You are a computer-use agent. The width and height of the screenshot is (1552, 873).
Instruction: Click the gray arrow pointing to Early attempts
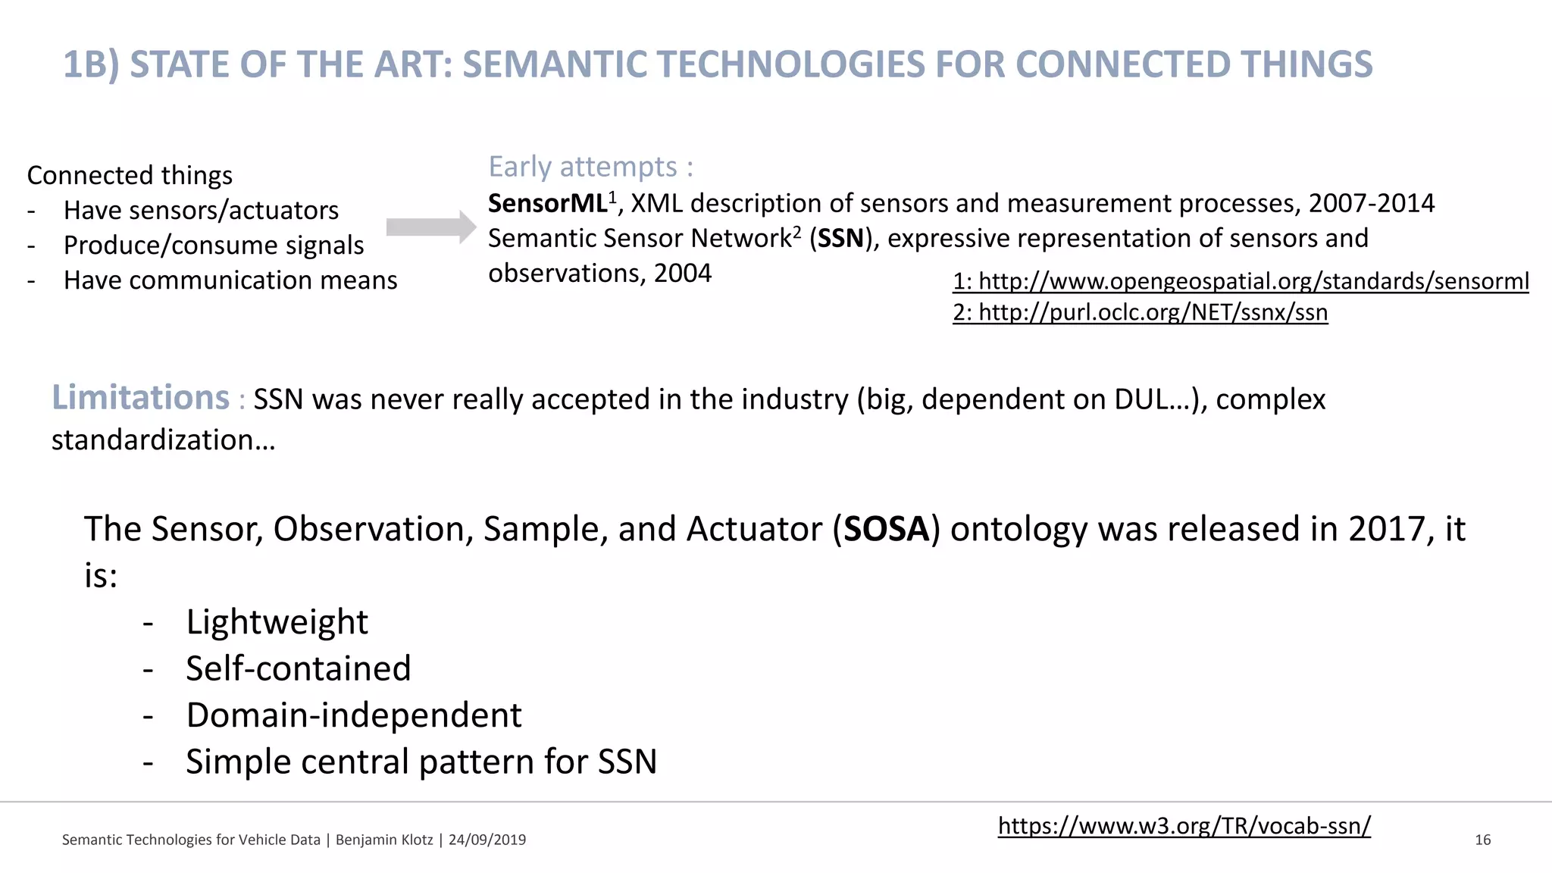[x=430, y=227]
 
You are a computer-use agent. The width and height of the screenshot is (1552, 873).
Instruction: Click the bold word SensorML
[x=547, y=204]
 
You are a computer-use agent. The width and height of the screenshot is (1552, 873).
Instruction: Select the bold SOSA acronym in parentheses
[x=886, y=529]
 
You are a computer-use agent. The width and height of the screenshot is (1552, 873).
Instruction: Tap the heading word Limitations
[x=140, y=398]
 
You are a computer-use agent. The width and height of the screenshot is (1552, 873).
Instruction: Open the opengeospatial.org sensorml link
[x=1241, y=281]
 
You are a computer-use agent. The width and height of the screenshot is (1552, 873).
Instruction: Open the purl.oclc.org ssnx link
[x=1140, y=312]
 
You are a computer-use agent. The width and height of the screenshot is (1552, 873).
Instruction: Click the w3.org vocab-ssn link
[x=1184, y=825]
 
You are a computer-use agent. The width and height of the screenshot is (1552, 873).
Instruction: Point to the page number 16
[x=1482, y=840]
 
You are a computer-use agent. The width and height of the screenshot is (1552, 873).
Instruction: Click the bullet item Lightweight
[x=277, y=622]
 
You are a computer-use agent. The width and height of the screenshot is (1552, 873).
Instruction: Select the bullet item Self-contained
[x=298, y=668]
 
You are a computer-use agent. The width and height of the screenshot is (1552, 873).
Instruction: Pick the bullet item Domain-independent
[x=353, y=715]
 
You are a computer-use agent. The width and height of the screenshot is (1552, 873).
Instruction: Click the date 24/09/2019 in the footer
[x=487, y=840]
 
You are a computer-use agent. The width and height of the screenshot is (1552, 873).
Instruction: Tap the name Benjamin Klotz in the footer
[x=383, y=840]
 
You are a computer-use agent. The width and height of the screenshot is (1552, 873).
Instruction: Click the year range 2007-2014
[x=1371, y=203]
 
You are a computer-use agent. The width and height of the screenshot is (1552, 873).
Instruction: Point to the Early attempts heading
[x=590, y=167]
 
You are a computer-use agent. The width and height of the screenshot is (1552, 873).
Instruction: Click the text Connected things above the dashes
[x=130, y=176]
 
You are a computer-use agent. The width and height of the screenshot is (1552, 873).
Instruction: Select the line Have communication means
[x=230, y=280]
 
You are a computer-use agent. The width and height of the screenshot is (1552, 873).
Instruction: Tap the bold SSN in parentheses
[x=840, y=239]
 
